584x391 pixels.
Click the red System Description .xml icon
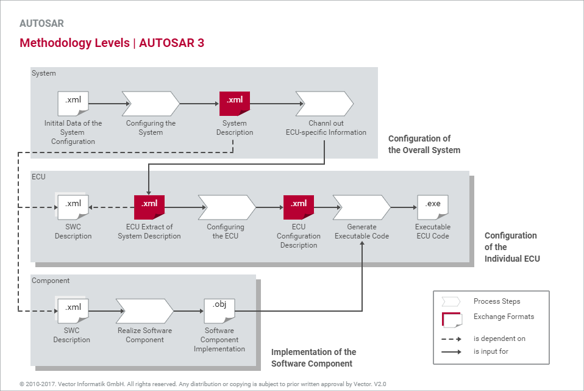click(x=235, y=103)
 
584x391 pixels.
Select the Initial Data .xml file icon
click(x=73, y=103)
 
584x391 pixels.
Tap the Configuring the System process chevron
click(x=151, y=104)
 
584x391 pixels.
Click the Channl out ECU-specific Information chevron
click(x=324, y=104)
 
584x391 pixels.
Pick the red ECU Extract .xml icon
click(x=149, y=207)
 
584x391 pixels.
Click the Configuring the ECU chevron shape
click(x=226, y=207)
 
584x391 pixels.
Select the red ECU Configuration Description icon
click(x=299, y=207)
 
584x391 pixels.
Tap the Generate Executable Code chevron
click(x=361, y=207)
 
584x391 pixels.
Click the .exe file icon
click(x=433, y=207)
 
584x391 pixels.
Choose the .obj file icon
click(x=219, y=310)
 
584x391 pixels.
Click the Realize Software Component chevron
click(x=144, y=310)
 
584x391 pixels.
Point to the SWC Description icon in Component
click(x=73, y=310)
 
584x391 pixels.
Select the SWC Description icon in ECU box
click(x=73, y=207)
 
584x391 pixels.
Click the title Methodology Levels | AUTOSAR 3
click(x=112, y=43)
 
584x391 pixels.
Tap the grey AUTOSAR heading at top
click(x=41, y=24)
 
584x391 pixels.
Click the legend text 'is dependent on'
click(x=499, y=339)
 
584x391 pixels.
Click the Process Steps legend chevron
click(x=451, y=301)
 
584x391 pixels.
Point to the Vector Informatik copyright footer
click(x=202, y=384)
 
